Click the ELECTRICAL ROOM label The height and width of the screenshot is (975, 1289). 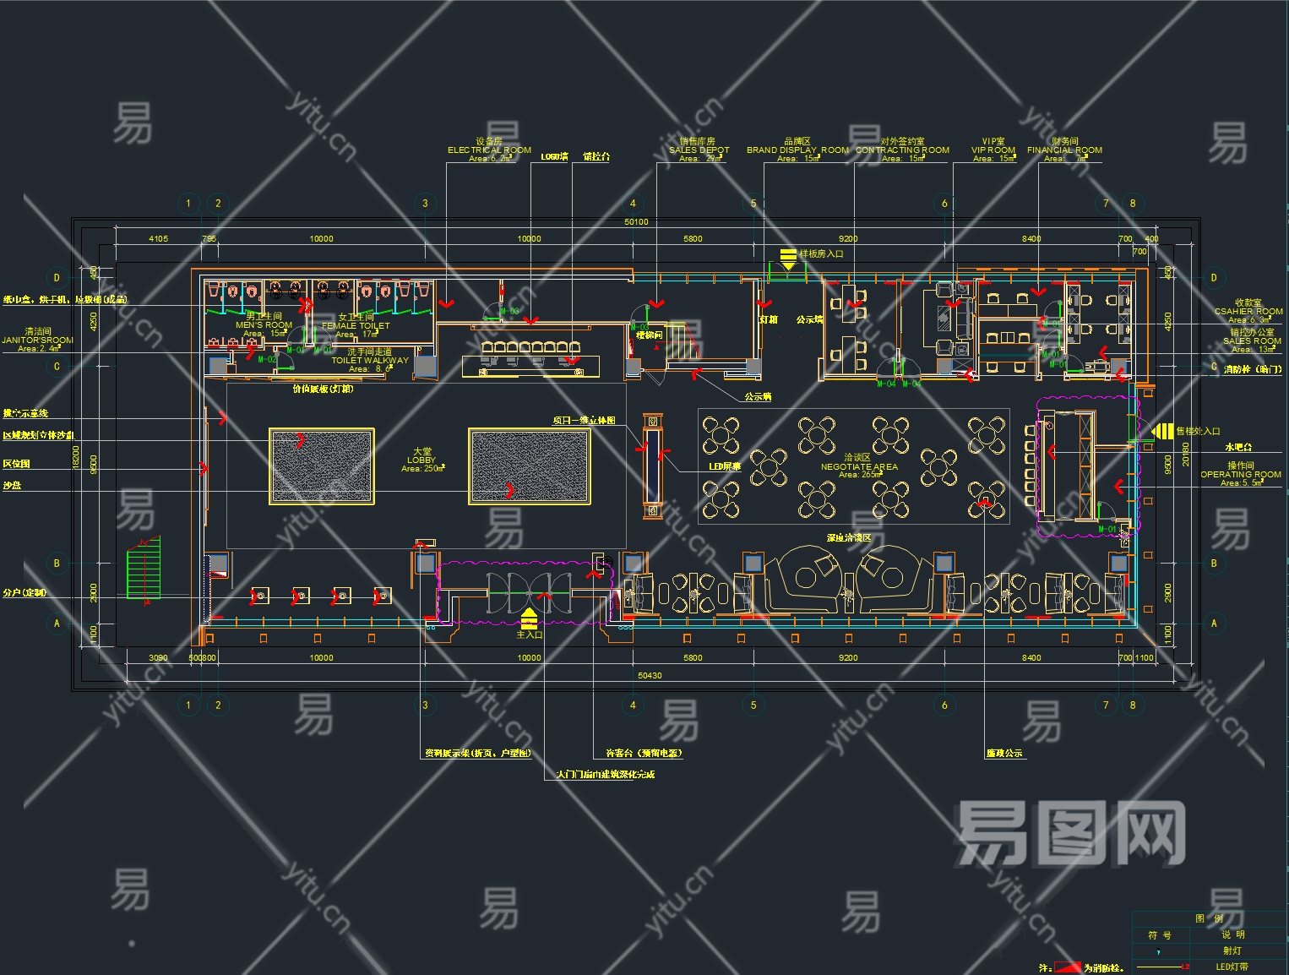(x=489, y=150)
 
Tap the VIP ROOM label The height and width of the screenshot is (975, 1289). (x=993, y=150)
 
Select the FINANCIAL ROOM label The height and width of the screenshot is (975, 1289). (x=1064, y=150)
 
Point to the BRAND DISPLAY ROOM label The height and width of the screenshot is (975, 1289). (x=797, y=150)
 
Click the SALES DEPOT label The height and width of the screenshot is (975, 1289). (x=699, y=150)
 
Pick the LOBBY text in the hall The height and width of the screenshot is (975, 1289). (x=422, y=460)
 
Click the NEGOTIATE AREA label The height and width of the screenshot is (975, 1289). (x=859, y=466)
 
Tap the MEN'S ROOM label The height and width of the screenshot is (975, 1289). (x=264, y=325)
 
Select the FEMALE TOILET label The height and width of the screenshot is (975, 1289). (x=356, y=326)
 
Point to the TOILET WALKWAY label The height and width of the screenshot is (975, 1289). (x=369, y=361)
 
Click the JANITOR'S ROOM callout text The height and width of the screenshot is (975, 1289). (x=37, y=340)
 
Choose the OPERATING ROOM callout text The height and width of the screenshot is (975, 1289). (x=1241, y=475)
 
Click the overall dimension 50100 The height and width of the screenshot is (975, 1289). (x=636, y=222)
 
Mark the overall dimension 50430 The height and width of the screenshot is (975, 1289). (x=649, y=675)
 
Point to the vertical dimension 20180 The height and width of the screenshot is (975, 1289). (x=1186, y=456)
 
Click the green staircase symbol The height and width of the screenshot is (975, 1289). (x=143, y=568)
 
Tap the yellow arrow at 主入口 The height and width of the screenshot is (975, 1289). (x=529, y=618)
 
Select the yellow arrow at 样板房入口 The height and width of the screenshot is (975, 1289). (x=787, y=258)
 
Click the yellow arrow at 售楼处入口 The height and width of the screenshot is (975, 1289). (x=1162, y=431)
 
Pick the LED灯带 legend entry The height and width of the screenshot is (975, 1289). (x=1232, y=967)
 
